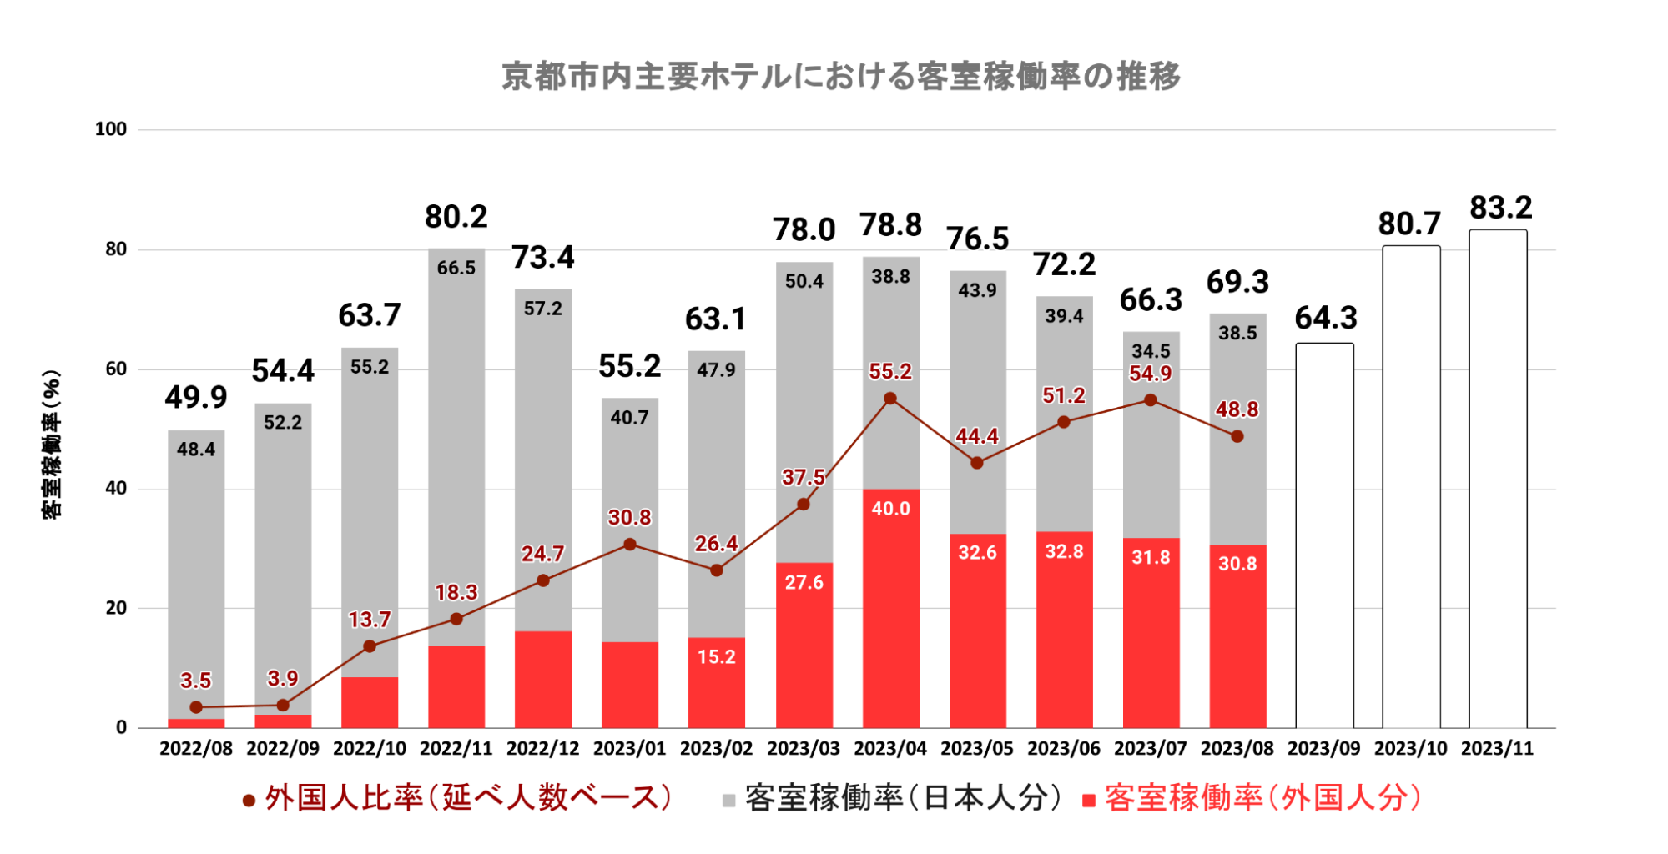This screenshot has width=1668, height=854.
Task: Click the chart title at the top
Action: [x=840, y=76]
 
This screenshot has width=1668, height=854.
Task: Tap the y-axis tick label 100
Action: [x=110, y=129]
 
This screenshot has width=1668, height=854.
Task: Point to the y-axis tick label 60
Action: [x=116, y=369]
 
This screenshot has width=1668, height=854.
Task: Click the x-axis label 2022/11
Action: [x=456, y=748]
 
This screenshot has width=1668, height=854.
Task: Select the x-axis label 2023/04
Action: [x=889, y=748]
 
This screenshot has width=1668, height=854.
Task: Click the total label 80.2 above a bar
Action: [x=456, y=217]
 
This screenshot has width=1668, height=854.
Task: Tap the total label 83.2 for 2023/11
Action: [x=1500, y=208]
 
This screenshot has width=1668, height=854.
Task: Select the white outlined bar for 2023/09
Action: [x=1324, y=534]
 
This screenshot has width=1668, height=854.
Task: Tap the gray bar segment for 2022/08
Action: [x=196, y=575]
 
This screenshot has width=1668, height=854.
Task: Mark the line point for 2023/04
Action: [x=890, y=399]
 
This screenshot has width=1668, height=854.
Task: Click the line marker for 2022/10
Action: [x=370, y=646]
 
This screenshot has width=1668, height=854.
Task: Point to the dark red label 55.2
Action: [x=890, y=372]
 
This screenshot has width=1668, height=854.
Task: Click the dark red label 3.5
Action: [x=196, y=681]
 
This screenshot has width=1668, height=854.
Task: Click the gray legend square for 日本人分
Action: [x=728, y=801]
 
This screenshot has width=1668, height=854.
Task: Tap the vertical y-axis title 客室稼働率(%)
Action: [x=52, y=444]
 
